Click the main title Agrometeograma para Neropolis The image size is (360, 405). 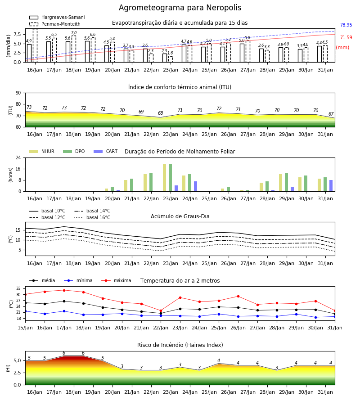pyautogui.click(x=180, y=8)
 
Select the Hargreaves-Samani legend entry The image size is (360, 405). pyautogui.click(x=57, y=17)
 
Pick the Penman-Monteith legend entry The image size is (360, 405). pyautogui.click(x=55, y=24)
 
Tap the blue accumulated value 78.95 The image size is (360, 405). pyautogui.click(x=346, y=25)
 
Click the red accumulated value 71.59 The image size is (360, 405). pyautogui.click(x=346, y=37)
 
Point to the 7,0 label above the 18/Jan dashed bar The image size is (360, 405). pyautogui.click(x=74, y=33)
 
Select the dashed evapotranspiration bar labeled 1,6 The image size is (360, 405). pyautogui.click(x=171, y=59)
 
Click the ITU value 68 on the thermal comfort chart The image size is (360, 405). pyautogui.click(x=160, y=113)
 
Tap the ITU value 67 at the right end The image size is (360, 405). pyautogui.click(x=331, y=114)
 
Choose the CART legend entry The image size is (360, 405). pyautogui.click(x=105, y=151)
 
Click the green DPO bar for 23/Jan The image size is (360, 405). pyautogui.click(x=171, y=178)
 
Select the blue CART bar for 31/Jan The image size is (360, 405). pyautogui.click(x=331, y=186)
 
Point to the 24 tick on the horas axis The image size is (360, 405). pyautogui.click(x=18, y=157)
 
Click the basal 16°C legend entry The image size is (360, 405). pyautogui.click(x=92, y=217)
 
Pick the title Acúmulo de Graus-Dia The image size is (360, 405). pyautogui.click(x=180, y=216)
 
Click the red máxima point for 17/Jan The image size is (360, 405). pyautogui.click(x=64, y=290)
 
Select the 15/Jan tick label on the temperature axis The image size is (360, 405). pyautogui.click(x=25, y=328)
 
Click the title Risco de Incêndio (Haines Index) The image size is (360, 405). pyautogui.click(x=180, y=345)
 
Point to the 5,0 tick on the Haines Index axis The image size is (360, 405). pyautogui.click(x=17, y=360)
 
